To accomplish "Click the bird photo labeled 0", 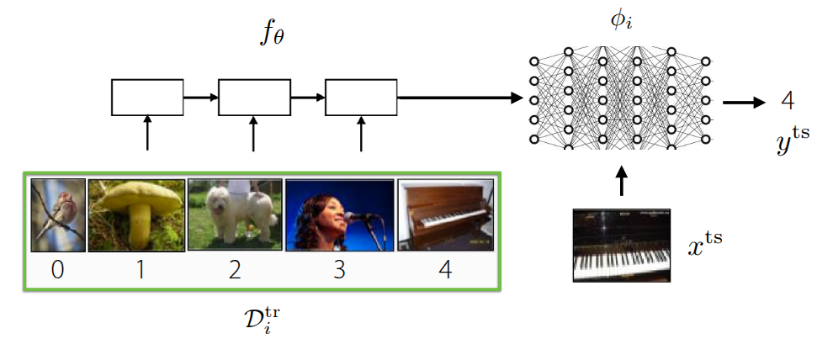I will pos(58,215).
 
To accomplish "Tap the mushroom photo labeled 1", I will pos(136,215).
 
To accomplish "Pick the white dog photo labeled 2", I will pos(234,214).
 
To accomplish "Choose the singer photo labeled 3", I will pos(338,215).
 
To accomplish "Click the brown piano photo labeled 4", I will pos(445,215).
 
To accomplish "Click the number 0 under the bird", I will pos(58,271).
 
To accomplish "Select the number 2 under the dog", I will pos(235,271).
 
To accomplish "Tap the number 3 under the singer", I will pos(338,271).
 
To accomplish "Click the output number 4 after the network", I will pos(788,102).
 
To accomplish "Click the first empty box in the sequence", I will pos(147,97).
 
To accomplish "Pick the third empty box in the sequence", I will pos(361,97).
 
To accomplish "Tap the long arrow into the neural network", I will pos(459,98).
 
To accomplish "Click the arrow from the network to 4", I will pos(744,103).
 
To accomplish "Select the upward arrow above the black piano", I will pos(622,182).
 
